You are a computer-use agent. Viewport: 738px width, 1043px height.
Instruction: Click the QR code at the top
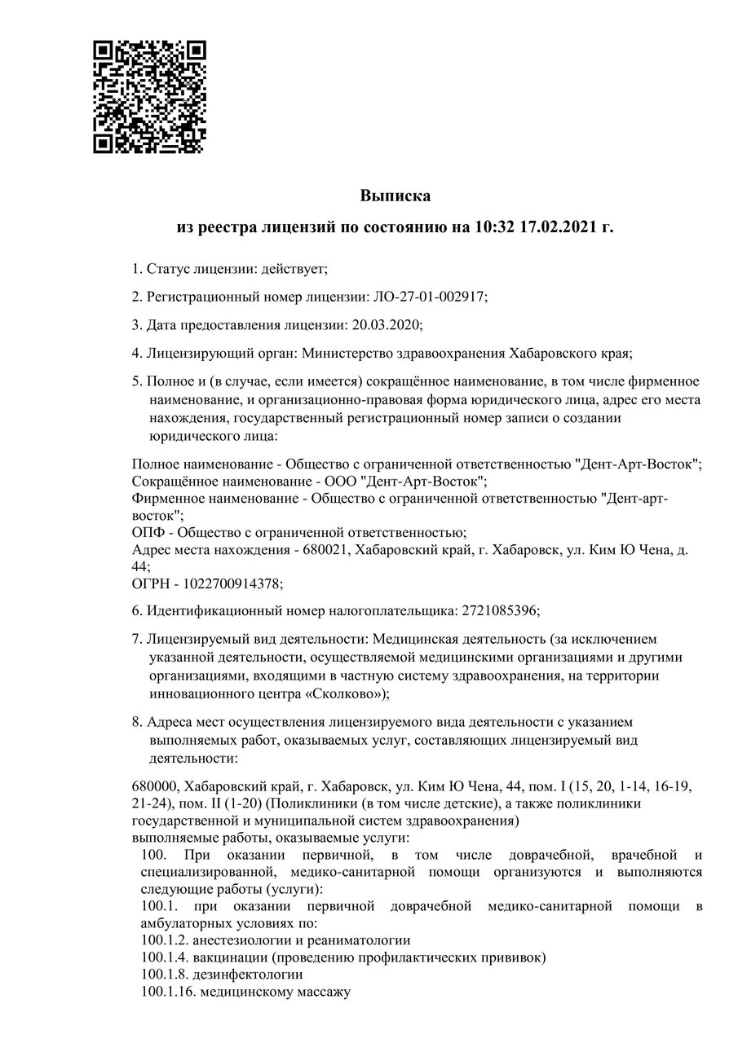coord(149,96)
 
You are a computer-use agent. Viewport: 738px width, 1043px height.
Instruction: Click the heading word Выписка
coord(395,196)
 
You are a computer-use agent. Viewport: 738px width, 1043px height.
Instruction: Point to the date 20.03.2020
coord(386,325)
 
